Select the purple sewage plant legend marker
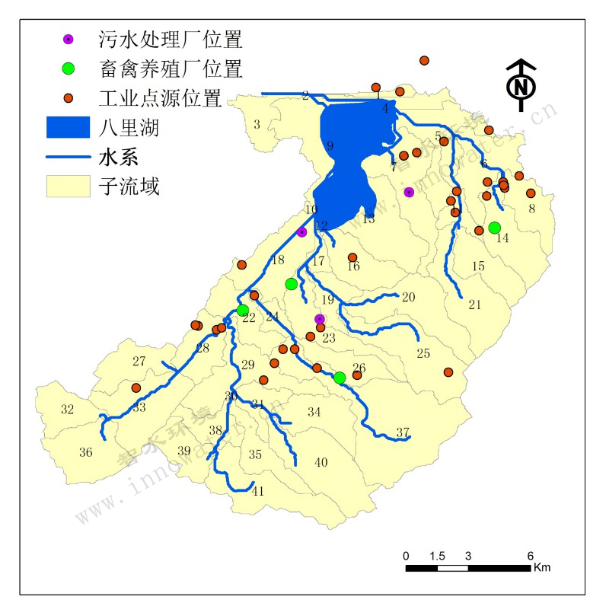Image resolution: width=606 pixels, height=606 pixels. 68,38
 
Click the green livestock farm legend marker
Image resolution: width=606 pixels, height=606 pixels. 68,68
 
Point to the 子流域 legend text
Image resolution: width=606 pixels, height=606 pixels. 129,187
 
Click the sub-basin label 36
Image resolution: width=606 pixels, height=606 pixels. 86,452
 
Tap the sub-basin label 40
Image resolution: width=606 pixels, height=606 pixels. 321,462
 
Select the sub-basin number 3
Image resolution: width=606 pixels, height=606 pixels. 257,124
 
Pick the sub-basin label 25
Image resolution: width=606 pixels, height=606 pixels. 423,353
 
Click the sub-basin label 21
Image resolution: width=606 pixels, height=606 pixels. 475,305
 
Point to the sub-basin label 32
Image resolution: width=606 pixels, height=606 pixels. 67,410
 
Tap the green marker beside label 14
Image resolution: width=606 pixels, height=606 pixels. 494,228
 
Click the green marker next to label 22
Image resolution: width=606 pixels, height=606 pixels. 242,310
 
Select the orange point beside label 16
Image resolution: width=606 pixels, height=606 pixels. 352,257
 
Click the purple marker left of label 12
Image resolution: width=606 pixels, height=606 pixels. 301,231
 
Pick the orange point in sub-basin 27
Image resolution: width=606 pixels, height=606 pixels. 136,388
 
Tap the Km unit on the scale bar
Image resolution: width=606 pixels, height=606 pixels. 541,567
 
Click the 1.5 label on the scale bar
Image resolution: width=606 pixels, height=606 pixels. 436,555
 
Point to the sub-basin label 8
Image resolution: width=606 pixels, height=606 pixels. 531,208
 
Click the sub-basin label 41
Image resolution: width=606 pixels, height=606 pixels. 258,491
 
